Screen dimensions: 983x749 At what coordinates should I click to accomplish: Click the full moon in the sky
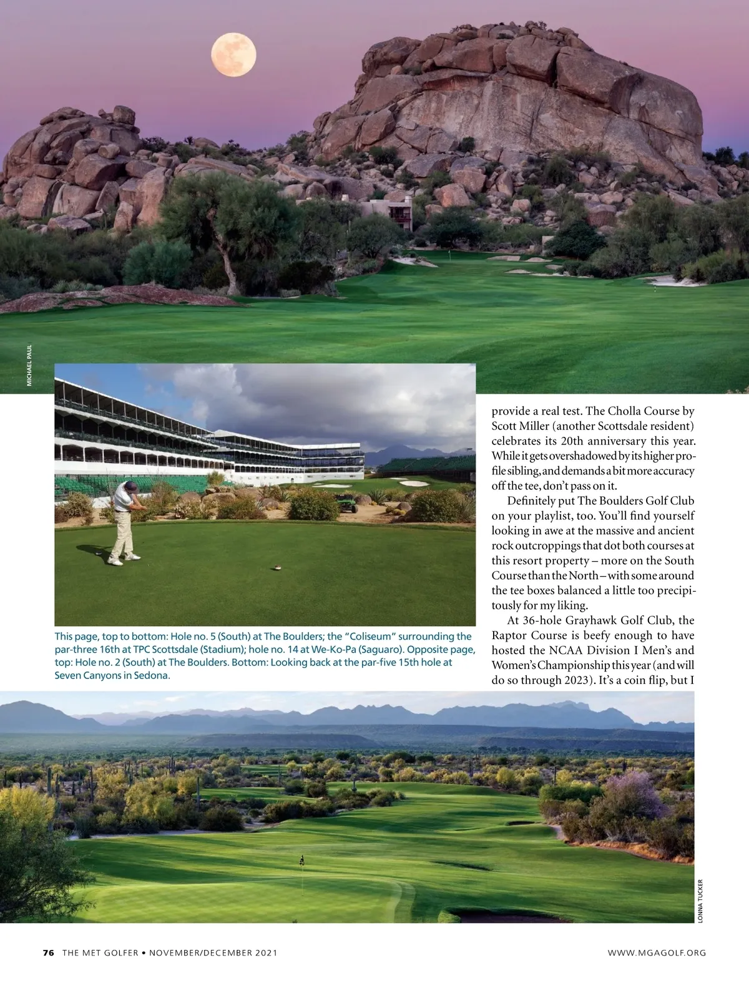click(x=233, y=56)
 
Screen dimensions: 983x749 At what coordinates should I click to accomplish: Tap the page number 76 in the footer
click(x=49, y=952)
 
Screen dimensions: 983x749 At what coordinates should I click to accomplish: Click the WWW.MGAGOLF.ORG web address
click(x=657, y=952)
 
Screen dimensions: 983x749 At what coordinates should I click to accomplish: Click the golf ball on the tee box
click(x=275, y=567)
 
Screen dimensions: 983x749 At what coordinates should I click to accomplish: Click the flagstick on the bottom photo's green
click(x=302, y=862)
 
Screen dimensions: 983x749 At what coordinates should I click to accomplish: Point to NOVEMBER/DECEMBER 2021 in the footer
click(x=213, y=952)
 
